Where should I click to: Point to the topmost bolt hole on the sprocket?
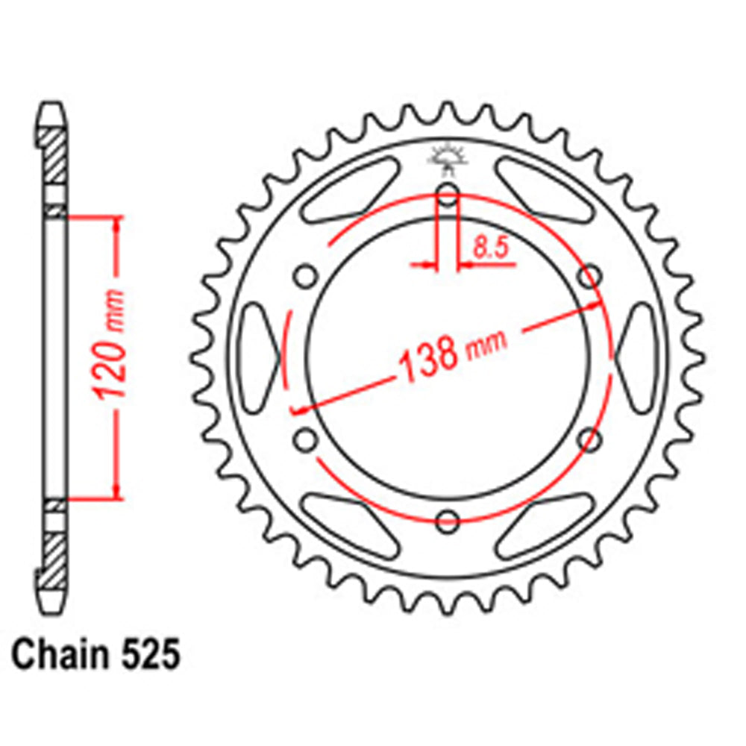pyautogui.click(x=448, y=194)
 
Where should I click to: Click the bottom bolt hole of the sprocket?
pyautogui.click(x=448, y=521)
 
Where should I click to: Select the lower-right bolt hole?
pyautogui.click(x=589, y=439)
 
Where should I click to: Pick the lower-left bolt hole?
pyautogui.click(x=304, y=439)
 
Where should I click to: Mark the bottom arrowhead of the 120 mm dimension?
pyautogui.click(x=116, y=490)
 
